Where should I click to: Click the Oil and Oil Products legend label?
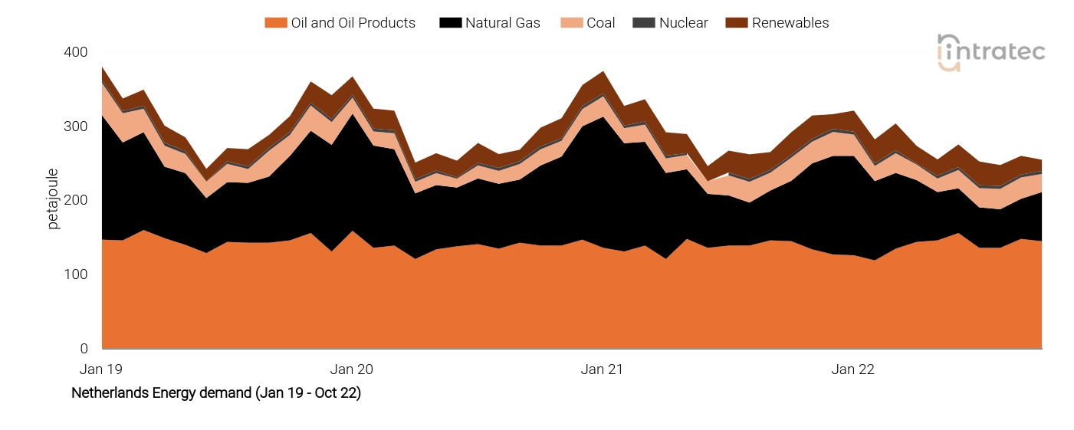(353, 23)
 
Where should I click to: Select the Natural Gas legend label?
(502, 23)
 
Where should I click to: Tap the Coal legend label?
(600, 23)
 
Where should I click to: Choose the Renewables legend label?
(790, 23)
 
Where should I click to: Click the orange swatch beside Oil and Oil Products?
(275, 23)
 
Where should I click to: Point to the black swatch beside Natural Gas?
(449, 23)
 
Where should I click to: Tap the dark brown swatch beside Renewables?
(737, 23)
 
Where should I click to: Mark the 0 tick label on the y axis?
(84, 349)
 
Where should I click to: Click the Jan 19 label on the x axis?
(101, 369)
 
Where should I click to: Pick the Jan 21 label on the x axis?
(602, 369)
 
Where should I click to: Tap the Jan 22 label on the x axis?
(852, 369)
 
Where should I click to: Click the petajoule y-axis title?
(53, 200)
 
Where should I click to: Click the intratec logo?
(990, 52)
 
